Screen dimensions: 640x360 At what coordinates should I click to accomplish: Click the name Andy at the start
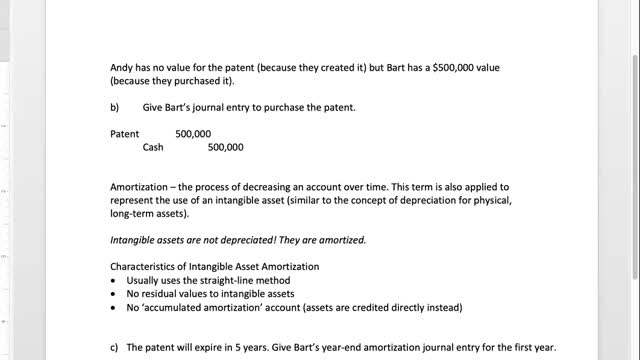121,67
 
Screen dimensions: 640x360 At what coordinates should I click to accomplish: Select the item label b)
115,107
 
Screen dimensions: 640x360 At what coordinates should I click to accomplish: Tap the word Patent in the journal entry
125,133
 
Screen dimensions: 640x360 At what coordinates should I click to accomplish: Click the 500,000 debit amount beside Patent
193,133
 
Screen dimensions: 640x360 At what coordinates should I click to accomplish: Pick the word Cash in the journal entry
153,147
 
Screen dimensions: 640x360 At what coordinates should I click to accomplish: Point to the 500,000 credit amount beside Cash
225,147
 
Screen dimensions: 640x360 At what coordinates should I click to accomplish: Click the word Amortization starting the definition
139,187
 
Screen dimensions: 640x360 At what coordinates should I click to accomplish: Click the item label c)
114,347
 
